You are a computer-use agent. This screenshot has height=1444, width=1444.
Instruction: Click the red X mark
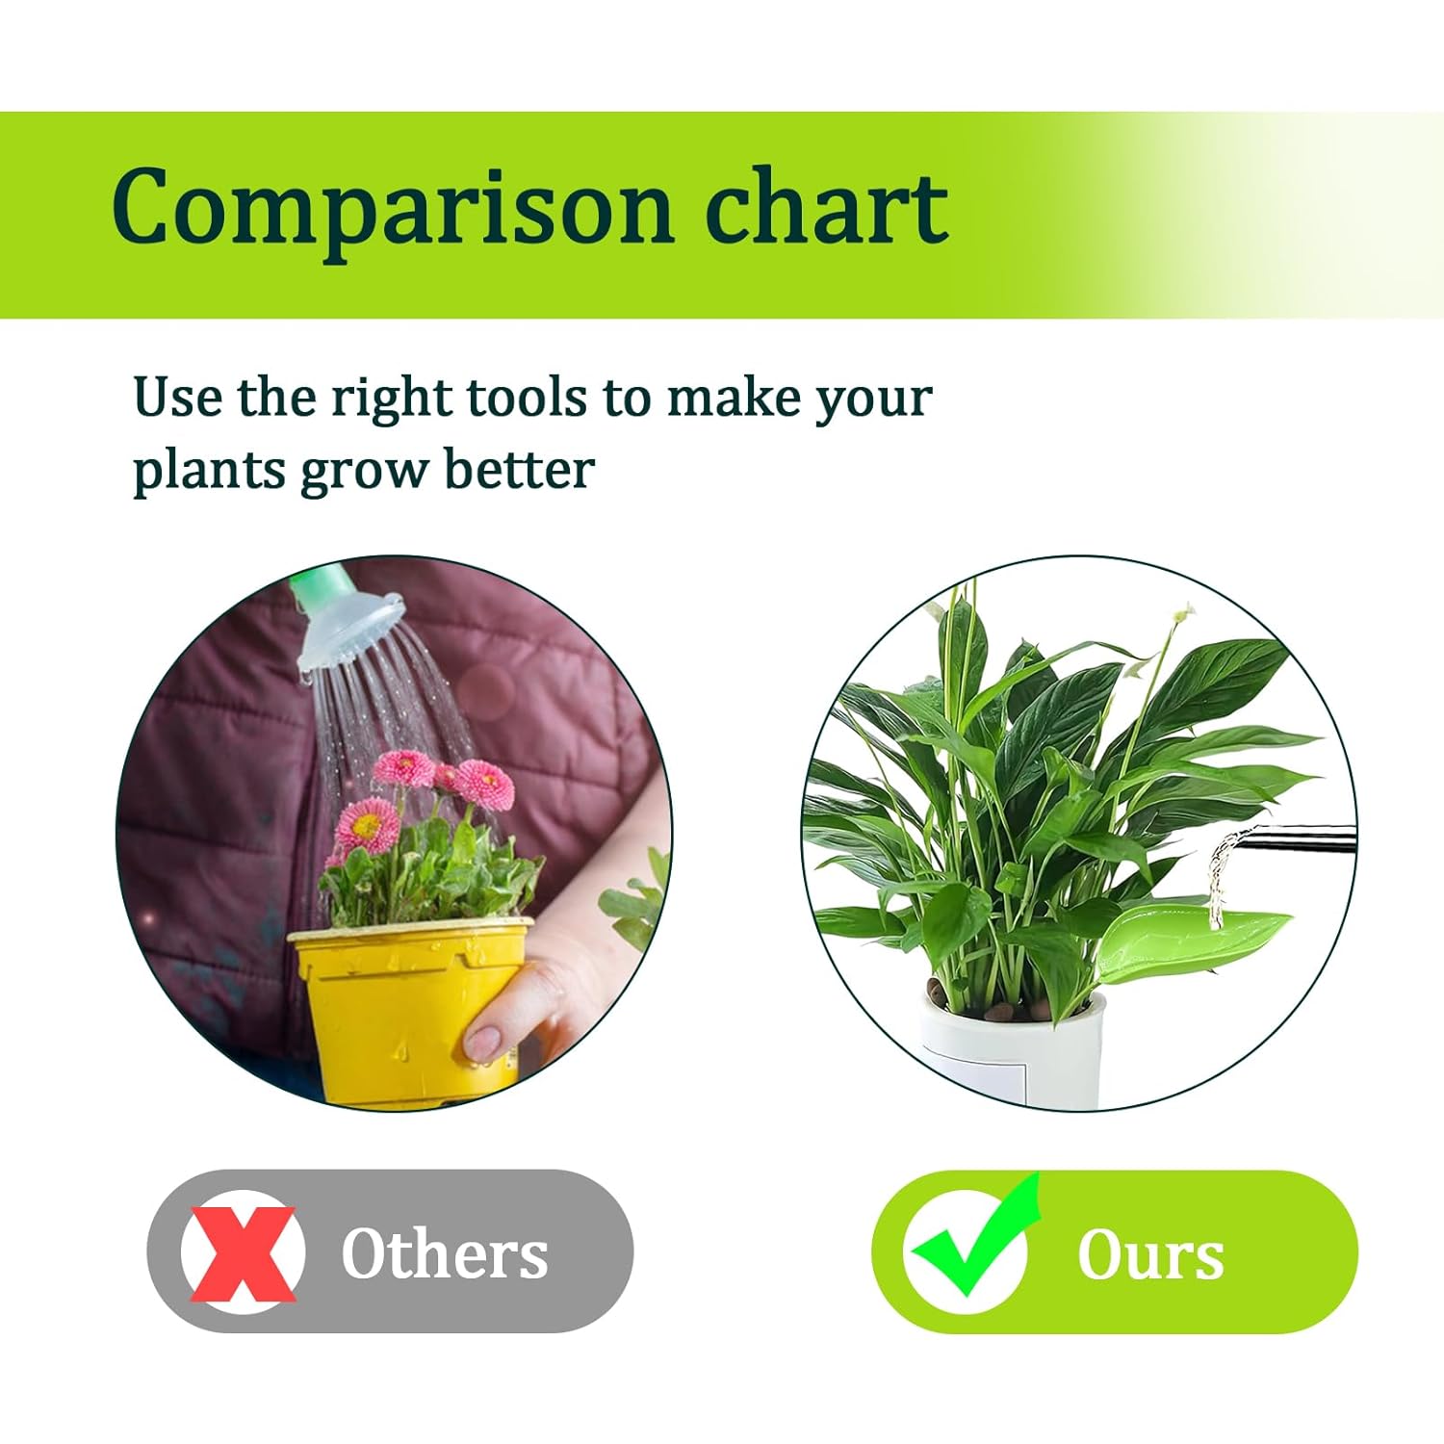click(x=243, y=1252)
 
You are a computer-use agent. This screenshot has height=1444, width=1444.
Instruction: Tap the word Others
click(x=445, y=1253)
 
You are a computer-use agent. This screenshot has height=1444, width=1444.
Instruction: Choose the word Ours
click(x=1150, y=1255)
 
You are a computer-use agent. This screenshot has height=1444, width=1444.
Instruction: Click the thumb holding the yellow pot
click(x=486, y=1040)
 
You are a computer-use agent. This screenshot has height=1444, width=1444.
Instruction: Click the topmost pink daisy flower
click(x=404, y=767)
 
